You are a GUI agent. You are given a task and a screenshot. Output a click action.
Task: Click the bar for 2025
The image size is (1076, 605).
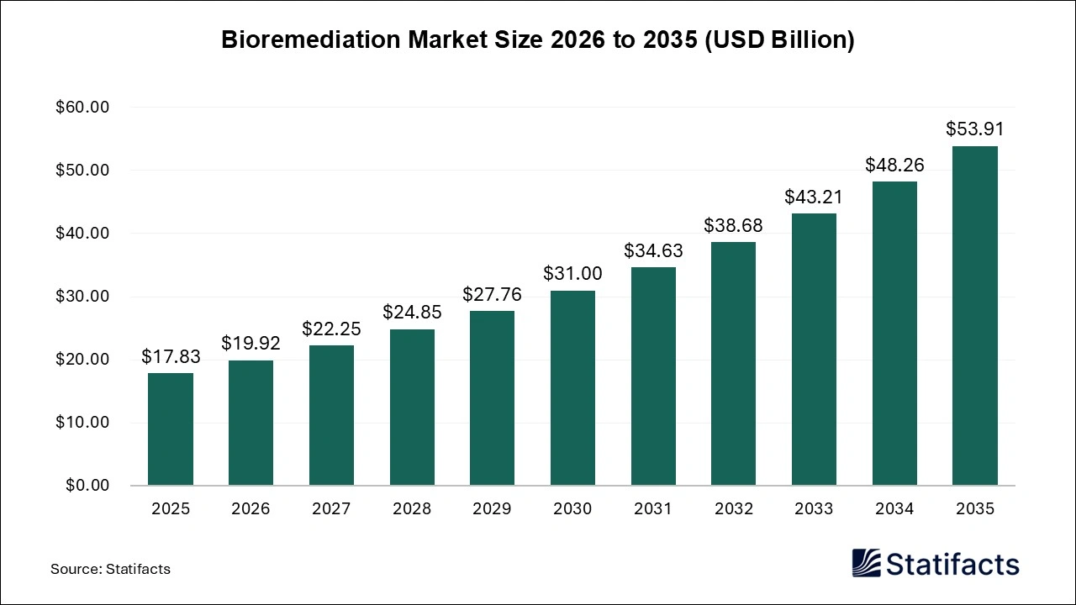point(171,429)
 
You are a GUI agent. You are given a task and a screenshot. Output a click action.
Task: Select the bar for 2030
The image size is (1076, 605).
point(572,388)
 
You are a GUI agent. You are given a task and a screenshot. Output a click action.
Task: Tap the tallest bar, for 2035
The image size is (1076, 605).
point(974,316)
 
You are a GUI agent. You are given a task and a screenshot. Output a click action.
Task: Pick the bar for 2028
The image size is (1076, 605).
point(412,408)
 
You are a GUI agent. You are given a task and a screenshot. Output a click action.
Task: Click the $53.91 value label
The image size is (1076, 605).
point(974,129)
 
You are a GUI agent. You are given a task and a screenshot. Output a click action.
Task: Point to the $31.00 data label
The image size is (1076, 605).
point(572,274)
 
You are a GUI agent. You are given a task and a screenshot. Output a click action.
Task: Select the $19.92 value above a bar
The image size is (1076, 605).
point(251,344)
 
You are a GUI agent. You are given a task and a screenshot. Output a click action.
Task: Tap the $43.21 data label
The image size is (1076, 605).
point(814,197)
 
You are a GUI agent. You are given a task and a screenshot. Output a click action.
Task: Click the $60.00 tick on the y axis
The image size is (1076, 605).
point(82,108)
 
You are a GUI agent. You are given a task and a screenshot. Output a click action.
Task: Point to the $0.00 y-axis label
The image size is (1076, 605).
point(87,486)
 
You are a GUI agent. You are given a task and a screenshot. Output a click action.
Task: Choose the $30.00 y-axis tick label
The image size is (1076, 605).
point(82,297)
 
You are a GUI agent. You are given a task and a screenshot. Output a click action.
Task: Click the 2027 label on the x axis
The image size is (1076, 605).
point(331,509)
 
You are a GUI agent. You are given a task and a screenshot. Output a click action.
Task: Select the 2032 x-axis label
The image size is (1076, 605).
point(733,509)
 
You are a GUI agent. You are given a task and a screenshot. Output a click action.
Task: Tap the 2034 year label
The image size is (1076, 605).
point(894,509)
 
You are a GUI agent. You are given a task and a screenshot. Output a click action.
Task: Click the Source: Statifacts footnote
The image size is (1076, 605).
point(110,569)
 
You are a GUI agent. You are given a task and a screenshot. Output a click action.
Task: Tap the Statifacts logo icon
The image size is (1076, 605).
point(867,563)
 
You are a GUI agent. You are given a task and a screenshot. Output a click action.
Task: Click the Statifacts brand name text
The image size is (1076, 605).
point(952,564)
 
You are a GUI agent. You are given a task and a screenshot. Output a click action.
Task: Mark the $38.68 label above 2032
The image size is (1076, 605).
point(733,226)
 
